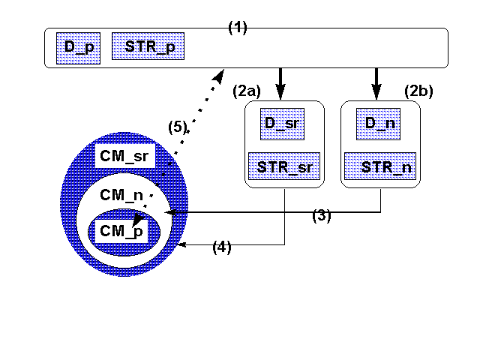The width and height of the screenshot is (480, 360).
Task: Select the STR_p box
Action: pyautogui.click(x=148, y=46)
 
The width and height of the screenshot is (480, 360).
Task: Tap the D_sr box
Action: pyautogui.click(x=281, y=123)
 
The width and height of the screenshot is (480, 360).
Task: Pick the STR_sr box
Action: pyautogui.click(x=283, y=166)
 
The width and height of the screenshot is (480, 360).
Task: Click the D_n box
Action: pyautogui.click(x=379, y=123)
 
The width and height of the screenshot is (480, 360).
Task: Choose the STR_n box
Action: pyautogui.click(x=382, y=166)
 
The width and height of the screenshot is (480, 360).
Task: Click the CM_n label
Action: pyautogui.click(x=121, y=196)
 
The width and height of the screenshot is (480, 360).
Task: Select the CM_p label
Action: pyautogui.click(x=121, y=231)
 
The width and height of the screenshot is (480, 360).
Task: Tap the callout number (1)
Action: pyautogui.click(x=238, y=28)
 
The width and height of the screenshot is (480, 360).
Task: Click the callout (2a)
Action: pyautogui.click(x=247, y=91)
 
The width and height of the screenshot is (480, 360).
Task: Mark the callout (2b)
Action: pyautogui.click(x=419, y=91)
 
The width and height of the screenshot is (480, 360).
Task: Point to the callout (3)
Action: pyautogui.click(x=322, y=216)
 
